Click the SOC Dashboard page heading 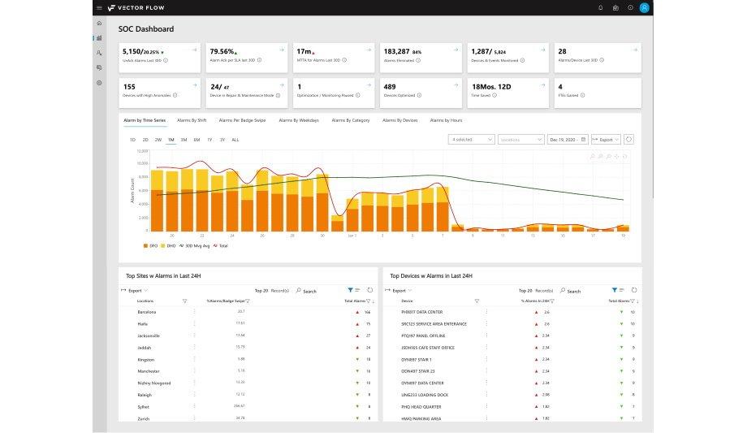point(146,29)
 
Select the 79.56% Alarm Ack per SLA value point(223,50)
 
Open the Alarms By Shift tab point(192,120)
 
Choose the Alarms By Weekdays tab point(299,120)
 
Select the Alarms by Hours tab point(446,120)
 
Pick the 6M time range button point(196,140)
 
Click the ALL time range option point(235,140)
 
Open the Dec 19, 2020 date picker point(568,140)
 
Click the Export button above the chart point(606,140)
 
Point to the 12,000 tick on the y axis point(142,151)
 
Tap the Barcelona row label point(147,312)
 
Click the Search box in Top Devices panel point(573,291)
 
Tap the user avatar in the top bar point(645,7)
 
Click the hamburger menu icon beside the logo point(99,7)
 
